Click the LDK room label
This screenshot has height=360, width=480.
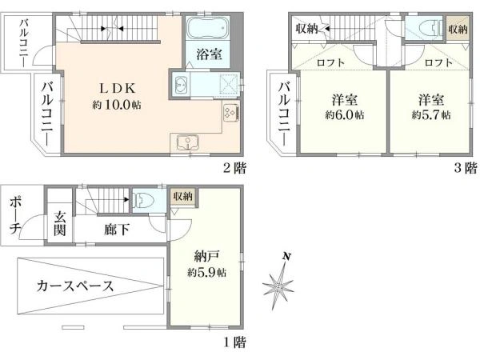pyautogui.click(x=117, y=89)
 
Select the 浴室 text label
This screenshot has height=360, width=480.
pyautogui.click(x=209, y=54)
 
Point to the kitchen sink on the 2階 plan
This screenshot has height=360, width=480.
pyautogui.click(x=188, y=143)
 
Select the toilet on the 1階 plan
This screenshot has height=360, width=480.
pyautogui.click(x=146, y=200)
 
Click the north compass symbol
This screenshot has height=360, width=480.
pyautogui.click(x=279, y=283)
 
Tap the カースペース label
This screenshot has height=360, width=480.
pyautogui.click(x=74, y=286)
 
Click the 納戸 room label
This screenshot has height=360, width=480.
pyautogui.click(x=206, y=256)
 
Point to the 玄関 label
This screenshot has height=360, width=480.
pyautogui.click(x=60, y=223)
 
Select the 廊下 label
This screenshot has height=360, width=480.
pyautogui.click(x=117, y=230)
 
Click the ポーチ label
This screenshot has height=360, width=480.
pyautogui.click(x=14, y=215)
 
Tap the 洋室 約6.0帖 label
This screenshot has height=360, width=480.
pyautogui.click(x=345, y=107)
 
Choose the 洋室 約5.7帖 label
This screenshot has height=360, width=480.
pyautogui.click(x=431, y=107)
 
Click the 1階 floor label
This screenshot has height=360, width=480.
pyautogui.click(x=234, y=342)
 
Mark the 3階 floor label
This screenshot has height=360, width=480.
pyautogui.click(x=466, y=168)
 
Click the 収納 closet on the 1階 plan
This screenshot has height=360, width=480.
pyautogui.click(x=183, y=197)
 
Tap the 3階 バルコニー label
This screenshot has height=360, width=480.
pyautogui.click(x=284, y=114)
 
